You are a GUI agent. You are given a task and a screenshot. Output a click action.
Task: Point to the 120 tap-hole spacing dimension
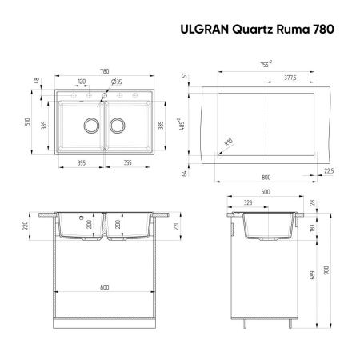click(82, 82)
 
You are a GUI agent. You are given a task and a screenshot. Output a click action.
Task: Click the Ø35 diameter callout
click(116, 82)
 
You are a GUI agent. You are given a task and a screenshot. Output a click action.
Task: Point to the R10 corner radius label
click(229, 142)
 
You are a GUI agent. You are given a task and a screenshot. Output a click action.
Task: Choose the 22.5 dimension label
click(329, 170)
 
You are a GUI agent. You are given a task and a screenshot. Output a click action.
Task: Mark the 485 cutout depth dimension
click(206, 126)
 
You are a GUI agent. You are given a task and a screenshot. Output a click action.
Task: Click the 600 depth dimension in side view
click(265, 191)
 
